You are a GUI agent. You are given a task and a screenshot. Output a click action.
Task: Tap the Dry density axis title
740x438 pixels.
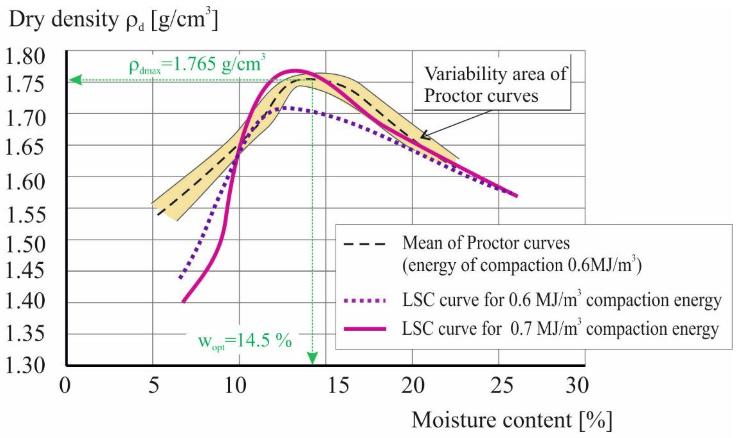[114, 20]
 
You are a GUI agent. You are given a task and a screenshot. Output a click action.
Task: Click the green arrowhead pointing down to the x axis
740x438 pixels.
[312, 358]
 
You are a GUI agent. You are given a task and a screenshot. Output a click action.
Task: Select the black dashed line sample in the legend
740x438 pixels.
[365, 244]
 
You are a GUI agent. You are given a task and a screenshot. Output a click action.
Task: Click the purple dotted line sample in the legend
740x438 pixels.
[365, 301]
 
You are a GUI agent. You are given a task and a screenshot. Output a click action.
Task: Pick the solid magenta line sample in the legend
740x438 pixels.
[365, 329]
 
